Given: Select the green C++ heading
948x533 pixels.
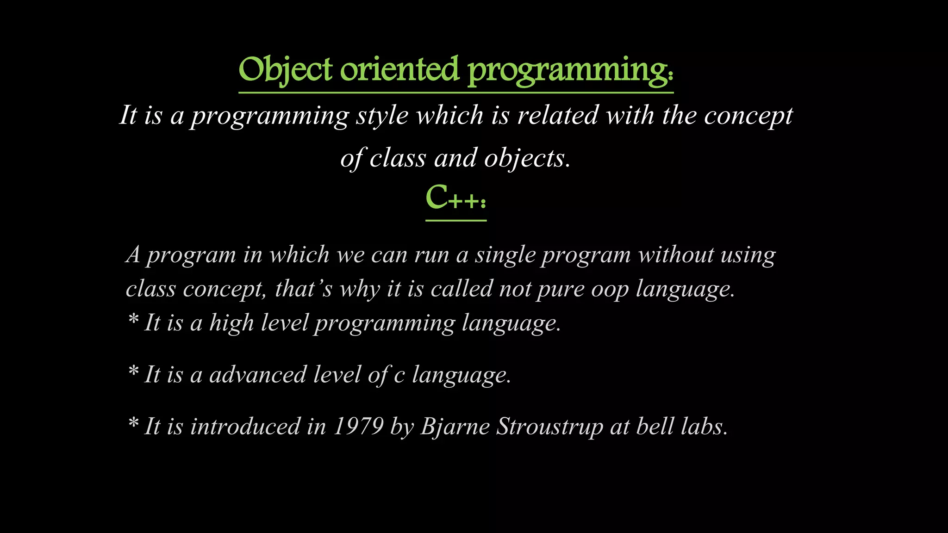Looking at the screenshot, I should pos(455,198).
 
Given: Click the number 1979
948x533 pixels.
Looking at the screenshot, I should pos(358,426).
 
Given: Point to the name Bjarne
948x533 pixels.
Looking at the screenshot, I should pos(455,426).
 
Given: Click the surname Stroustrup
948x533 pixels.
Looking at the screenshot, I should pos(549,426).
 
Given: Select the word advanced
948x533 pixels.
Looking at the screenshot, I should pos(258,374).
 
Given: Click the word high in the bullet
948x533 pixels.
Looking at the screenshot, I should pos(231,322).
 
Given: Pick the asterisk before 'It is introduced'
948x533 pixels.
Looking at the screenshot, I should pos(133,423).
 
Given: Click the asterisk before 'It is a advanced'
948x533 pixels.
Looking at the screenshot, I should pos(133,371).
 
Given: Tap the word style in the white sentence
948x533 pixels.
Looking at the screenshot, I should pos(382,116).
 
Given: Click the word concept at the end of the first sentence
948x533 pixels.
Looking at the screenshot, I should pos(748,116).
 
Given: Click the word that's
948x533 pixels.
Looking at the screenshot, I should pos(304,289).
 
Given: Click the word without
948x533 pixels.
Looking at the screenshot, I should pos(676,255).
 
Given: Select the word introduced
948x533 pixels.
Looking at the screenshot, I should pos(245,426).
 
